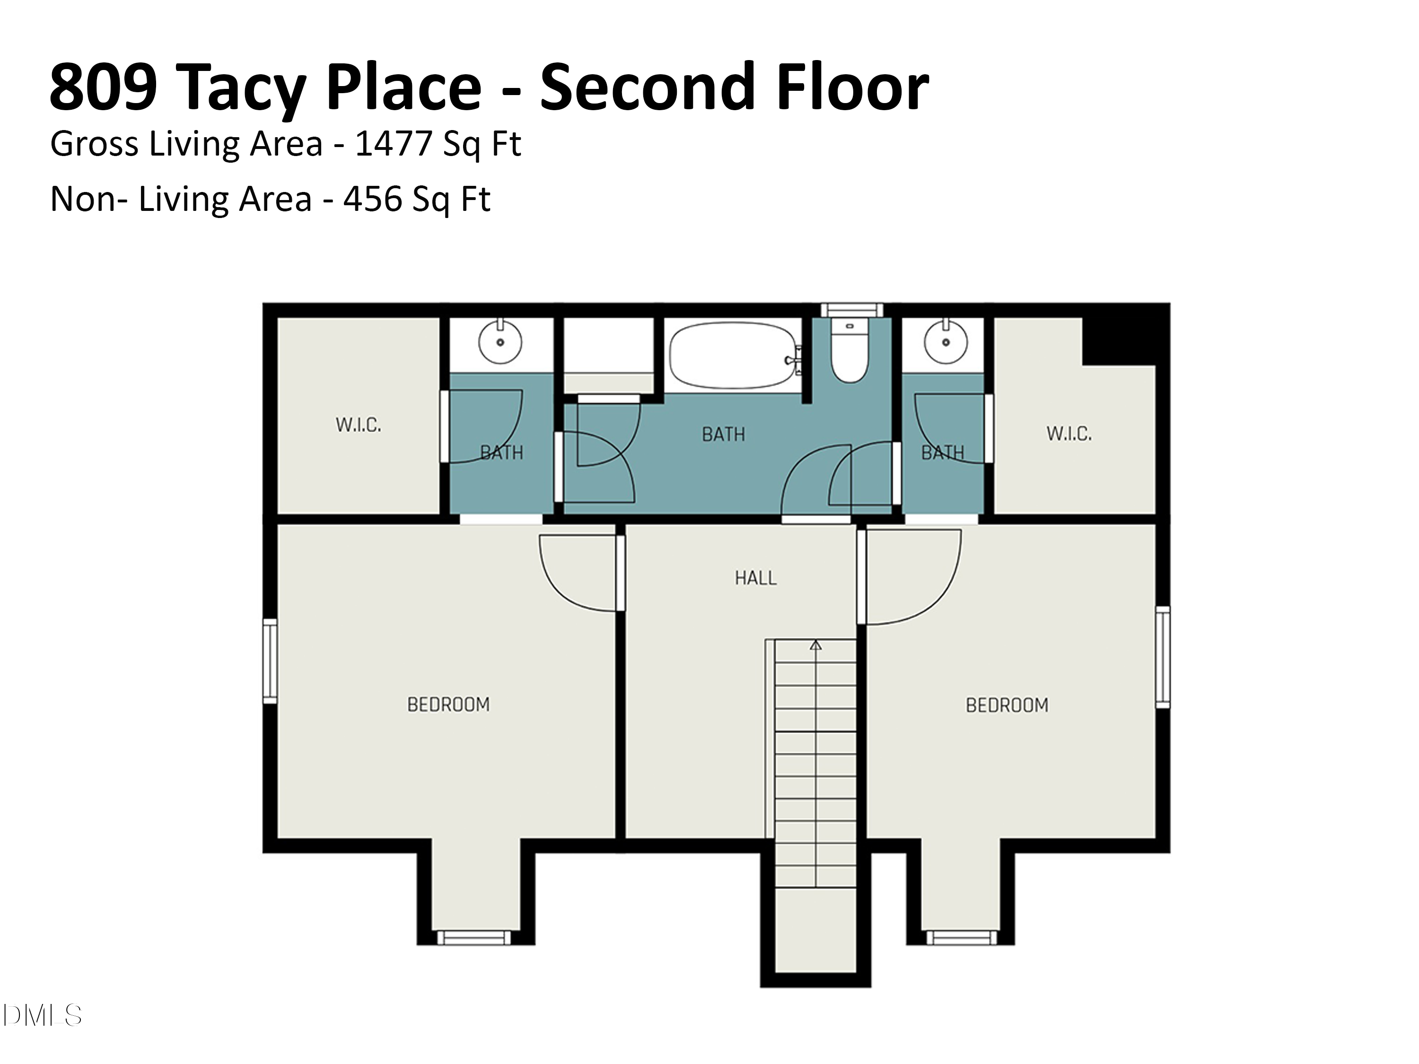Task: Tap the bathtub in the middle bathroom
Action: (x=733, y=355)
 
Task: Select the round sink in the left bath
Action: (x=500, y=342)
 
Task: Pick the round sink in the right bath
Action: (x=946, y=342)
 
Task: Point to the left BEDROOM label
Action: (x=448, y=705)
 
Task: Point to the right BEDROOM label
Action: (x=1007, y=706)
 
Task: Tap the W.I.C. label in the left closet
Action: (x=358, y=425)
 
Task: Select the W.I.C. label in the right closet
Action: (x=1069, y=434)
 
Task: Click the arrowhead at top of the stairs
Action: (x=815, y=645)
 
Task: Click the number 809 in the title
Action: (x=103, y=87)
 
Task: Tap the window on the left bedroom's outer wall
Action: (x=270, y=661)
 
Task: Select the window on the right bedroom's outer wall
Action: (x=1163, y=657)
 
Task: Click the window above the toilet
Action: (x=852, y=310)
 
